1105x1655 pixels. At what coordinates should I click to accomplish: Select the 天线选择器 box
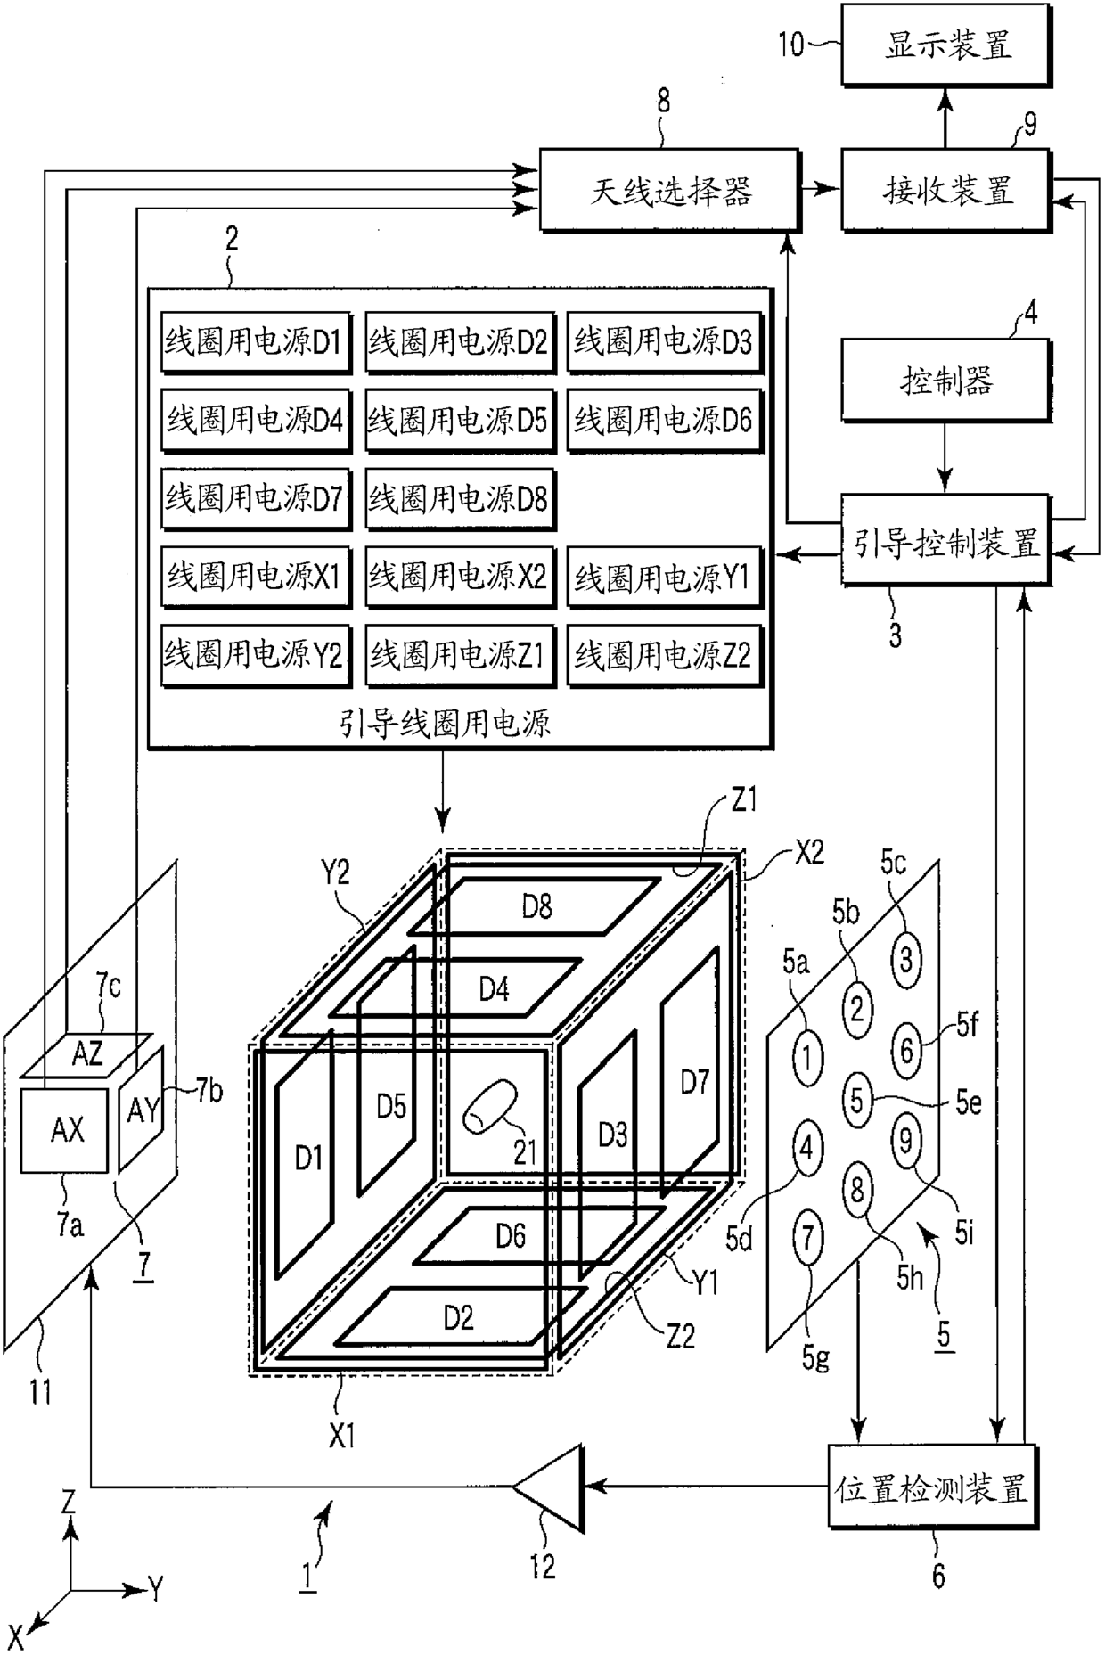tap(670, 191)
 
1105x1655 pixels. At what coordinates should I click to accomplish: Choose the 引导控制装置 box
tap(946, 542)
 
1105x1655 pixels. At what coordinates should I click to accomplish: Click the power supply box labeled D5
tap(459, 420)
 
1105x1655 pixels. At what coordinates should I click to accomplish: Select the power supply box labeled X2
tap(459, 577)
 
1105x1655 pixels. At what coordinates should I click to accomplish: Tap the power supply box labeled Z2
tap(664, 655)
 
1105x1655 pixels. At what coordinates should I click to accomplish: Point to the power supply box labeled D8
tap(459, 498)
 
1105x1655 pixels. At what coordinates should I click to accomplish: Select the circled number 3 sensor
tap(906, 961)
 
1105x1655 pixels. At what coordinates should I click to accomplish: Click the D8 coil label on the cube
tap(536, 907)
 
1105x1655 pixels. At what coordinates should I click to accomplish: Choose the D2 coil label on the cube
tap(458, 1317)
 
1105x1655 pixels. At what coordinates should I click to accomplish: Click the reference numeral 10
tap(791, 44)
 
